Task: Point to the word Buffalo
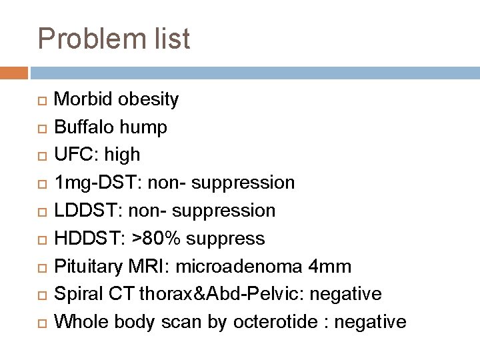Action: pos(83,127)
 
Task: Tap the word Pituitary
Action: pos(89,267)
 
